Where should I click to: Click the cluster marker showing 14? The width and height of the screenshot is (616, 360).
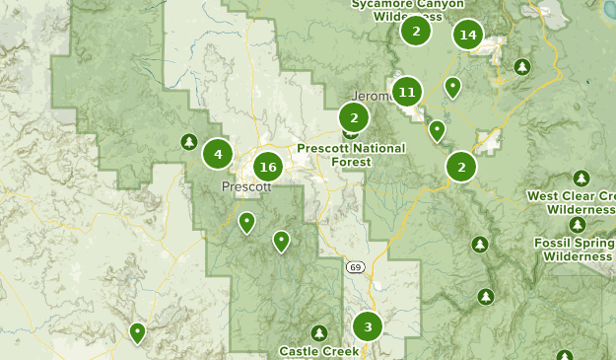[468, 36]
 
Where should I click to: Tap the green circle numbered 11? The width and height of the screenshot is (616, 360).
[406, 93]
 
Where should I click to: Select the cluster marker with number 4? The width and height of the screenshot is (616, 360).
[218, 154]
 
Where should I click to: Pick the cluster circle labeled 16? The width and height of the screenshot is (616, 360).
[267, 168]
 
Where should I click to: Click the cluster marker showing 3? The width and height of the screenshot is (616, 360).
[368, 326]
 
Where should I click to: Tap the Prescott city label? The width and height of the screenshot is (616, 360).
[246, 186]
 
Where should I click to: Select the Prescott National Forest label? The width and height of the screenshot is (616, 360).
[335, 155]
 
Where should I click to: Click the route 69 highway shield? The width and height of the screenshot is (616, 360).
[356, 267]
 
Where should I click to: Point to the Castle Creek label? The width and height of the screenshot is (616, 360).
[318, 351]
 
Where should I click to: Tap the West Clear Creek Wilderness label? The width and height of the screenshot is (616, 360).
[571, 202]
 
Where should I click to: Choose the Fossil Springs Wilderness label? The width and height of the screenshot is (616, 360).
[578, 249]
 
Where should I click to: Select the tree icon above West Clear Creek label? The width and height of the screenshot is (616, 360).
[582, 179]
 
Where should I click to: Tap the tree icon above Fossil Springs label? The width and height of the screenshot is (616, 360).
[578, 225]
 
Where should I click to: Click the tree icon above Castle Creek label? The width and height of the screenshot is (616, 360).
[318, 333]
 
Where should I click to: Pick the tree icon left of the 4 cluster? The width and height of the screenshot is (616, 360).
[188, 143]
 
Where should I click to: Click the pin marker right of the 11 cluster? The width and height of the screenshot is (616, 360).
[452, 87]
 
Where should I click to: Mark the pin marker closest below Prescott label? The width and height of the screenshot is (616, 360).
[246, 222]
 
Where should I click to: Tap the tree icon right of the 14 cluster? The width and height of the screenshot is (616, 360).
[522, 67]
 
